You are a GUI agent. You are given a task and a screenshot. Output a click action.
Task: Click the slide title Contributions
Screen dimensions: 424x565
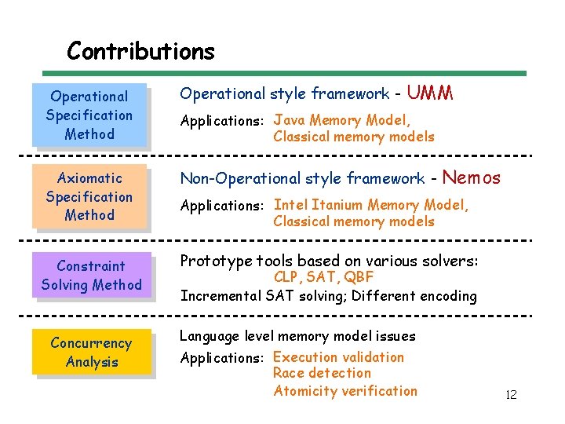(140, 51)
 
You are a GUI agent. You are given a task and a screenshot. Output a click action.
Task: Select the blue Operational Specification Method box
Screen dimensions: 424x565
(89, 115)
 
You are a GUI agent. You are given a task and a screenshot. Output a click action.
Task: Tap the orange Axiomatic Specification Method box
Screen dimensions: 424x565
(89, 196)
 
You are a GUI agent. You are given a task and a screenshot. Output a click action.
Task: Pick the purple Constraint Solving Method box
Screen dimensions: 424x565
(91, 276)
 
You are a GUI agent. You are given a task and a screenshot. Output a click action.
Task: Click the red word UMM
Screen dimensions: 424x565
(430, 93)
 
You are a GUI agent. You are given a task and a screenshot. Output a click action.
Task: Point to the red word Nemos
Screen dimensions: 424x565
(472, 178)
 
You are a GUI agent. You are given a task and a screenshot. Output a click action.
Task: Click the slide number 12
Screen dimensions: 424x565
(511, 395)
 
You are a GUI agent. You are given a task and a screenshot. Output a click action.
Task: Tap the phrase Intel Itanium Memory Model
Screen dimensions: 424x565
(370, 205)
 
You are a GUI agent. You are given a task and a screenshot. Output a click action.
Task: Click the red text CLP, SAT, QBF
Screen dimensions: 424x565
(323, 277)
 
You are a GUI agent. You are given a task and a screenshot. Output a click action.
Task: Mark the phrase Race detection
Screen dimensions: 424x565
(322, 373)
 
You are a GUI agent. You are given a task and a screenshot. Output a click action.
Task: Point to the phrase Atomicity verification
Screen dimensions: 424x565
(345, 390)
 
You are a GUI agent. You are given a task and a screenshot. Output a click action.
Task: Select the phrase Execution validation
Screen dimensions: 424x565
(338, 357)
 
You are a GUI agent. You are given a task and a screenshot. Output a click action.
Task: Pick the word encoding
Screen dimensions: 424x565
(448, 296)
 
